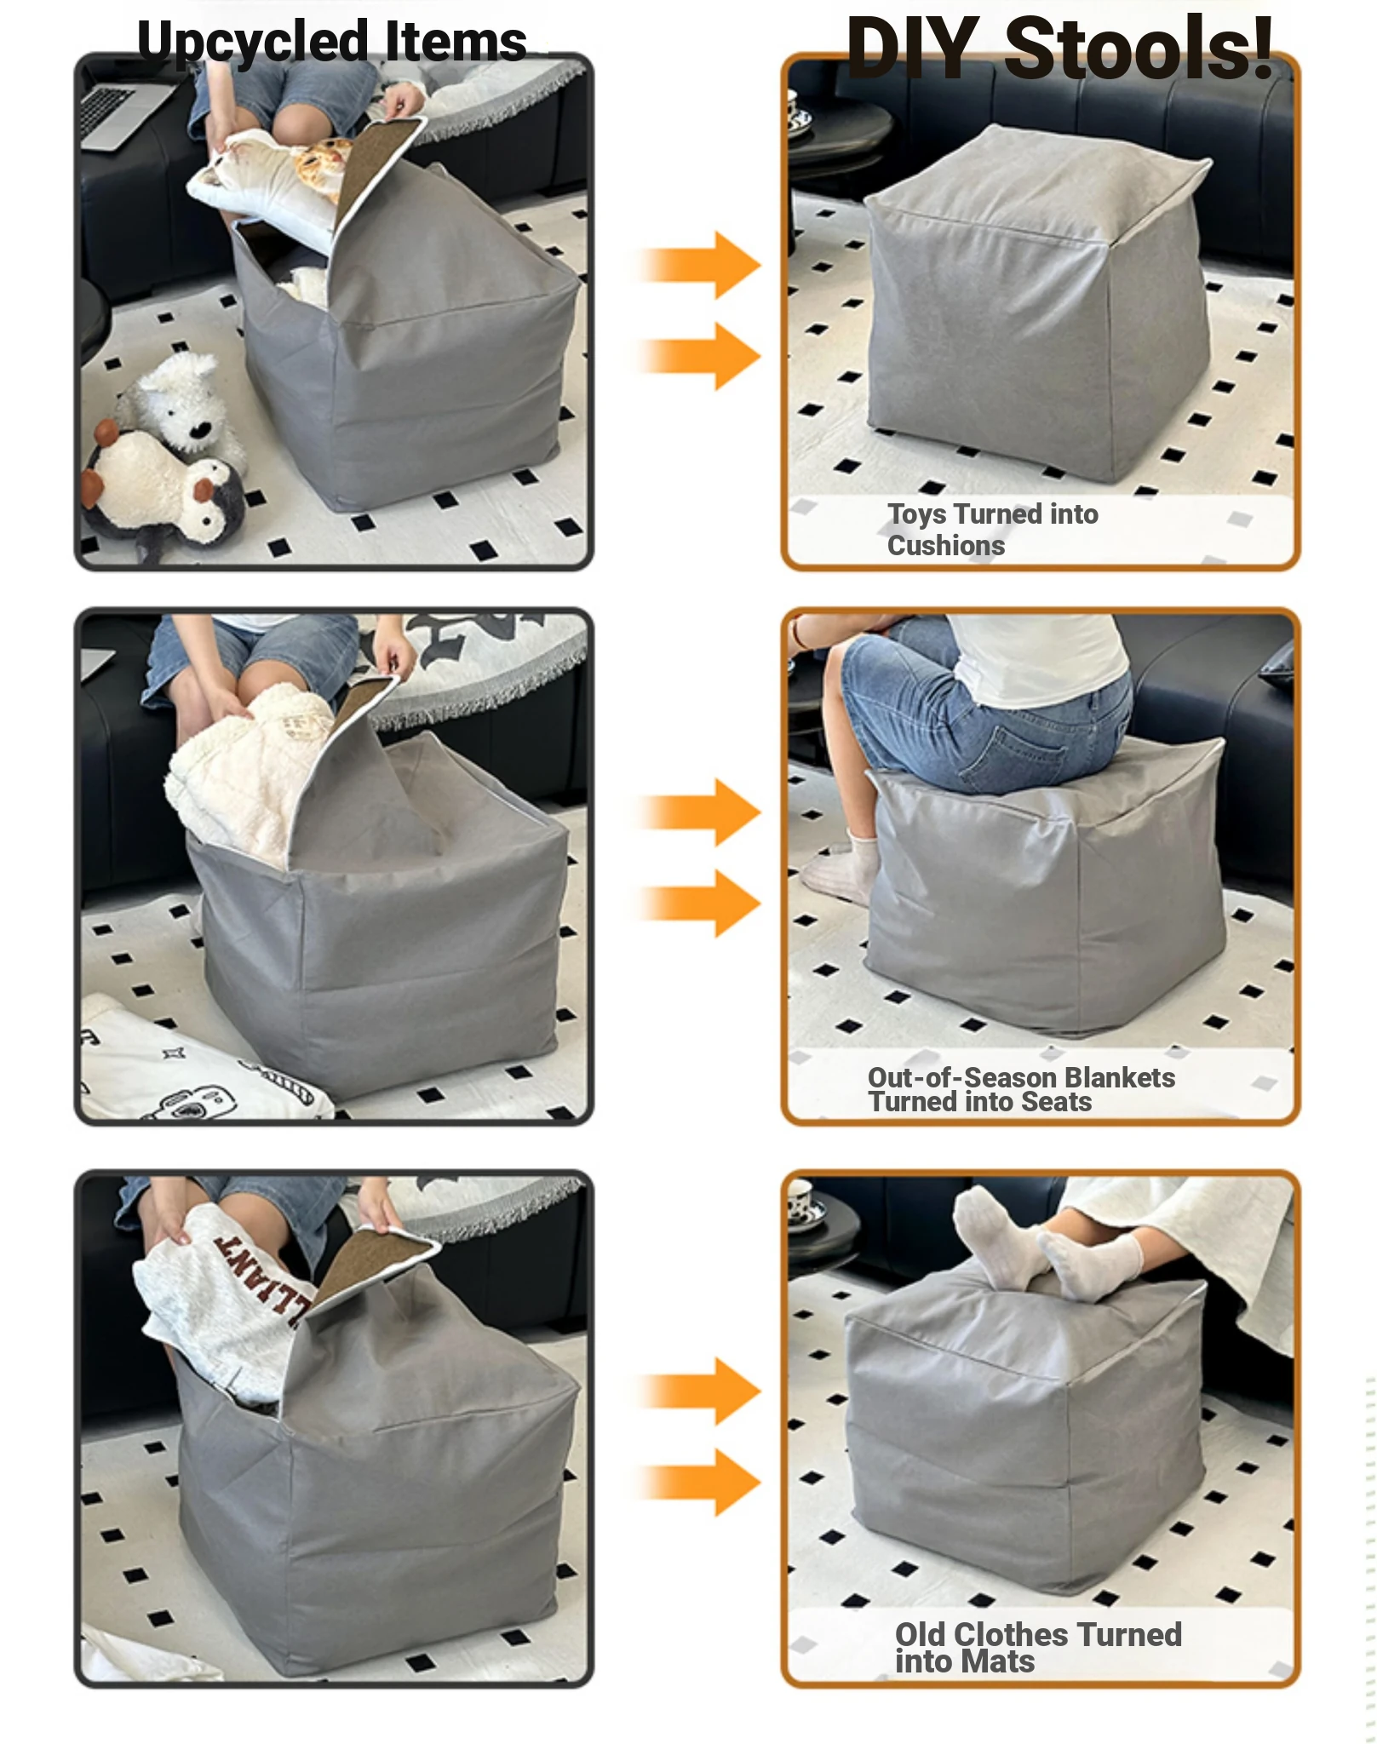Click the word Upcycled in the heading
click(252, 43)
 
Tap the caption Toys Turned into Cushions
click(992, 530)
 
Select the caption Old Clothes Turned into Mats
click(1037, 1649)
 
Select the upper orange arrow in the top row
click(698, 265)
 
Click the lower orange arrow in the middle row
click(698, 904)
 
